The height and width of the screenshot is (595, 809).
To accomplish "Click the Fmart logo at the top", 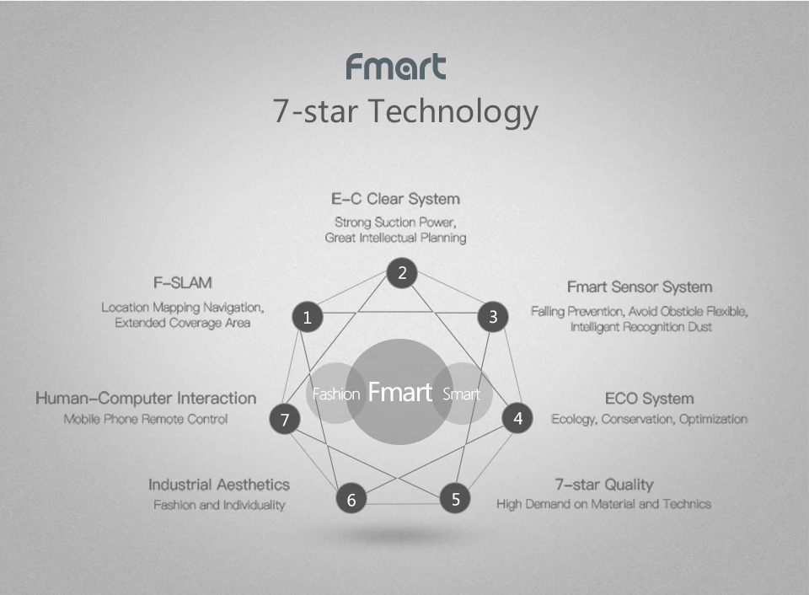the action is tap(395, 67).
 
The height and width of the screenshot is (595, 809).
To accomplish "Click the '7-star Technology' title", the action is tap(404, 111).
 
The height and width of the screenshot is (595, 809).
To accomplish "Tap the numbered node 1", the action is tap(308, 318).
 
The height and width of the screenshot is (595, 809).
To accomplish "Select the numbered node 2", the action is tap(402, 272).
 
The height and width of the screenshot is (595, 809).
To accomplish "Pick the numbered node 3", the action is tap(493, 318).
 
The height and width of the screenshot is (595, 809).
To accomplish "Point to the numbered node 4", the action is tap(517, 418).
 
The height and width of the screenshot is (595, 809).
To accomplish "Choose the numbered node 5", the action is tap(455, 499).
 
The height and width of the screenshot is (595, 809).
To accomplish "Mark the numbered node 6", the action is tap(351, 500).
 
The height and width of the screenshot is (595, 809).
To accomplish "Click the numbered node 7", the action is tap(285, 419).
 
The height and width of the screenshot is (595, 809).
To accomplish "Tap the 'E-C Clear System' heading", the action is tap(395, 199).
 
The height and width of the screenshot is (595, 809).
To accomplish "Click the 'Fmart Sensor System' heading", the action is tap(639, 287).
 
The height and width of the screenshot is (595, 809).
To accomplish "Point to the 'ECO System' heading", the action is tap(649, 399).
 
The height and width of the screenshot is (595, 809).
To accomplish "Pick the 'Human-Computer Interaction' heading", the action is tap(146, 398).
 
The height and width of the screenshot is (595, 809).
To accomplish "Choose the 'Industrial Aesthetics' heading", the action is tap(219, 485).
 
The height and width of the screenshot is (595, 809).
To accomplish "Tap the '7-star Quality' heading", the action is tap(603, 485).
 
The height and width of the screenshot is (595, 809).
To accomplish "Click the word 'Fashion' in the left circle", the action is tap(336, 394).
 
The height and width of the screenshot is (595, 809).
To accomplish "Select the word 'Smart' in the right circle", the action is tap(460, 394).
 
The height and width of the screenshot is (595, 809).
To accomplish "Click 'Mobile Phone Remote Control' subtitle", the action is tap(146, 419).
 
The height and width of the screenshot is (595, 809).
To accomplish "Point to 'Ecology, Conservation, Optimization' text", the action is tap(649, 419).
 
